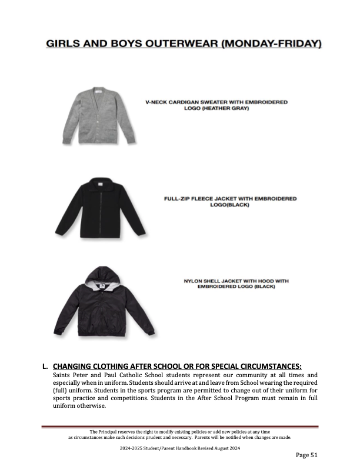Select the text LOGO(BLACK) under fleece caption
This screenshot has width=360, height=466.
[231, 205]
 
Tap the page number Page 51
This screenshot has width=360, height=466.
[306, 455]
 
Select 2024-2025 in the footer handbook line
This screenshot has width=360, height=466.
[132, 448]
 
